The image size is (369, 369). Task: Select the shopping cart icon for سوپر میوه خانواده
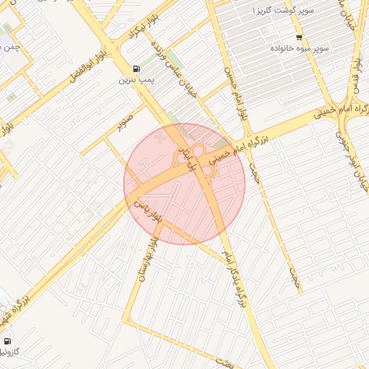point(299,37)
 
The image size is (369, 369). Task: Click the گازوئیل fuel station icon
point(7,341)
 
